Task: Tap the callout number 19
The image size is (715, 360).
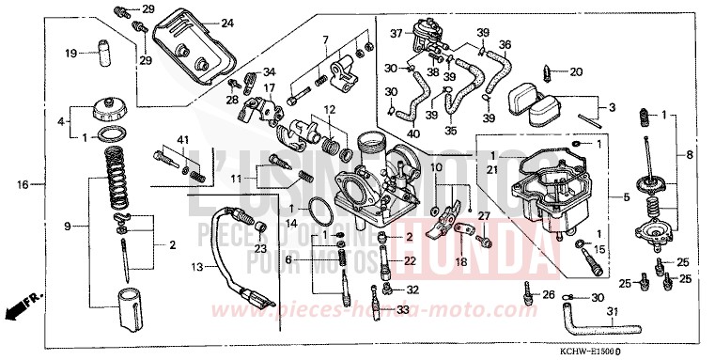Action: [70, 54]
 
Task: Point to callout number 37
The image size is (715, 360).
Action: [397, 34]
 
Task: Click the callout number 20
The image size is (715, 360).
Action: [576, 70]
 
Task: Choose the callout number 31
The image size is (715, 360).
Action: [612, 313]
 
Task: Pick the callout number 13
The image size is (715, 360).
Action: [196, 267]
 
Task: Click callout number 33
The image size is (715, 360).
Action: [402, 309]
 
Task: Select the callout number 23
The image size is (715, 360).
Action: [261, 247]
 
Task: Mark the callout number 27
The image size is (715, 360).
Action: [486, 216]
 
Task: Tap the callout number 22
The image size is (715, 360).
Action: [410, 260]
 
